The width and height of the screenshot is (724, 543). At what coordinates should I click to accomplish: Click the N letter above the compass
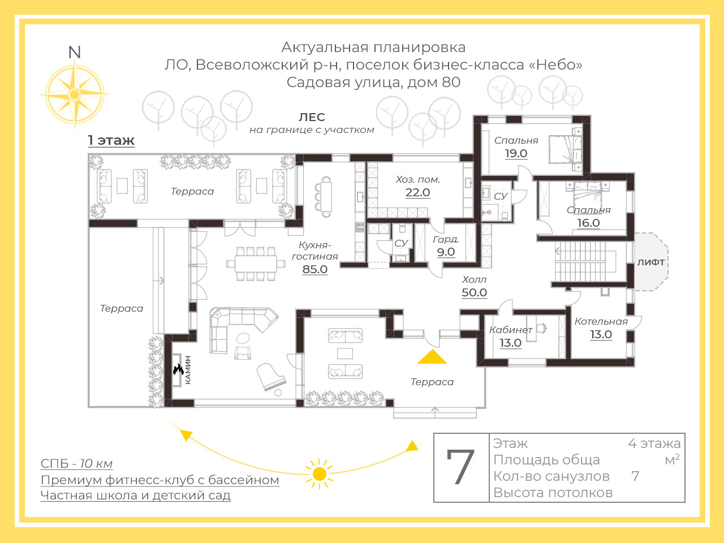tap(75, 53)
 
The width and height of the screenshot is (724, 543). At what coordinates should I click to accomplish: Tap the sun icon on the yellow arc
tap(319, 474)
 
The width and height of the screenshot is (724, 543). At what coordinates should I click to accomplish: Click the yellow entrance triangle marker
tap(432, 357)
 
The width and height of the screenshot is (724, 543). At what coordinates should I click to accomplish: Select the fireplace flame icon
tap(178, 369)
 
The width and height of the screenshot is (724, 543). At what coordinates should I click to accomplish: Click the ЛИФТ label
tap(651, 262)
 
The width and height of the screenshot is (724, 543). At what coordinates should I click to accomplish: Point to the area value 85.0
tap(314, 269)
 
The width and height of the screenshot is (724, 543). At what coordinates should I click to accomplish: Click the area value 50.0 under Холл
tap(474, 292)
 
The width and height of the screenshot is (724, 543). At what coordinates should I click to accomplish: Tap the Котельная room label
tap(601, 321)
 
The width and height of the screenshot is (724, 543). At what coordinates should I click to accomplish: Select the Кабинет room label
tap(511, 330)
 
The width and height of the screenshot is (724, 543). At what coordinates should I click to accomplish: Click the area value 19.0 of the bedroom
tap(516, 153)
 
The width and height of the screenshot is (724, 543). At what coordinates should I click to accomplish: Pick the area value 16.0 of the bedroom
tap(588, 223)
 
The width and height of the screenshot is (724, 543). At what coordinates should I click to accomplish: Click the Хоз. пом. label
tap(417, 180)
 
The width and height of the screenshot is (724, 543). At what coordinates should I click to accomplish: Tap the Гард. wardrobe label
tap(446, 240)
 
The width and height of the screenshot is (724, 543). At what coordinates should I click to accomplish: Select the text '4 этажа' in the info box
tap(654, 444)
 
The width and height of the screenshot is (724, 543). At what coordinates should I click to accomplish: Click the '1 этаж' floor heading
tap(111, 140)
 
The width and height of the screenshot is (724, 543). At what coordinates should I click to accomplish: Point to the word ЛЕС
tap(312, 117)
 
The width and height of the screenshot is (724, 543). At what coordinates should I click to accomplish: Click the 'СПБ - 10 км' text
tap(76, 464)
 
